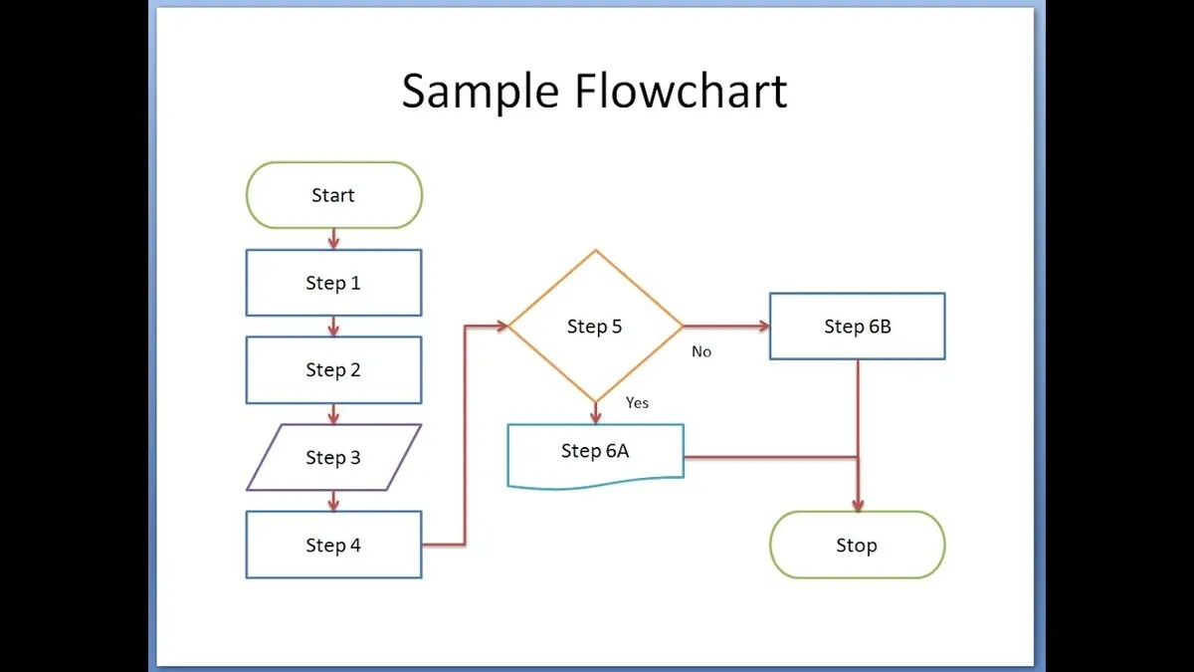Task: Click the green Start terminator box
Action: point(333,195)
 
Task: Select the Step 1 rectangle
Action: point(333,283)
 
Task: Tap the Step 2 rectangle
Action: point(333,369)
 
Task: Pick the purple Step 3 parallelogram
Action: point(333,458)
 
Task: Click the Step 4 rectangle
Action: point(333,545)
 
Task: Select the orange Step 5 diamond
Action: point(595,326)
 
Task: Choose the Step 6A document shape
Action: point(595,452)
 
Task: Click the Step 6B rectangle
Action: point(857,326)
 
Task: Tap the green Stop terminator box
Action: point(857,545)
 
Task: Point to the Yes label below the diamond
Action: point(637,403)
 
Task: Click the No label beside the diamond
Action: point(701,352)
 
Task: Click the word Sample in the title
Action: point(481,92)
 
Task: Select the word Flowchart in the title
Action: point(681,92)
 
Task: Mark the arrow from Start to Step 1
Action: point(333,239)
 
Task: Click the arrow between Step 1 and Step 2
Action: point(333,327)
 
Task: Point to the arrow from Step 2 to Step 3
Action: point(333,413)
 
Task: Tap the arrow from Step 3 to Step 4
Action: point(333,501)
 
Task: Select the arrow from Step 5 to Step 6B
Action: point(726,326)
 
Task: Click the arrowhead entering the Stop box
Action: point(857,505)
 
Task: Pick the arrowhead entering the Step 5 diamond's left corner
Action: point(500,326)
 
